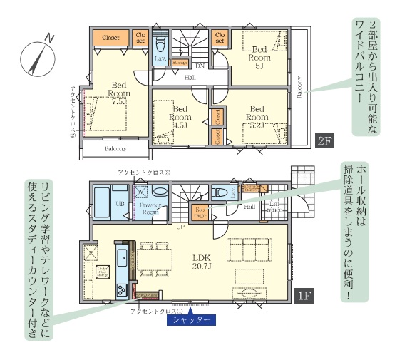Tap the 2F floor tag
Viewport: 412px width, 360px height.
pos(324,140)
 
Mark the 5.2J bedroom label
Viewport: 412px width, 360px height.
pos(257,116)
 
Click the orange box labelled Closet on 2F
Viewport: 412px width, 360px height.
pos(110,37)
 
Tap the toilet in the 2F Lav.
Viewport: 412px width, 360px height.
pos(160,45)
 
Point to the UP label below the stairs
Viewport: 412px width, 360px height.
pos(181,227)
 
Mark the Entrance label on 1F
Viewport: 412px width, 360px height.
pos(273,207)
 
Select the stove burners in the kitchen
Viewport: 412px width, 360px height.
pos(121,289)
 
